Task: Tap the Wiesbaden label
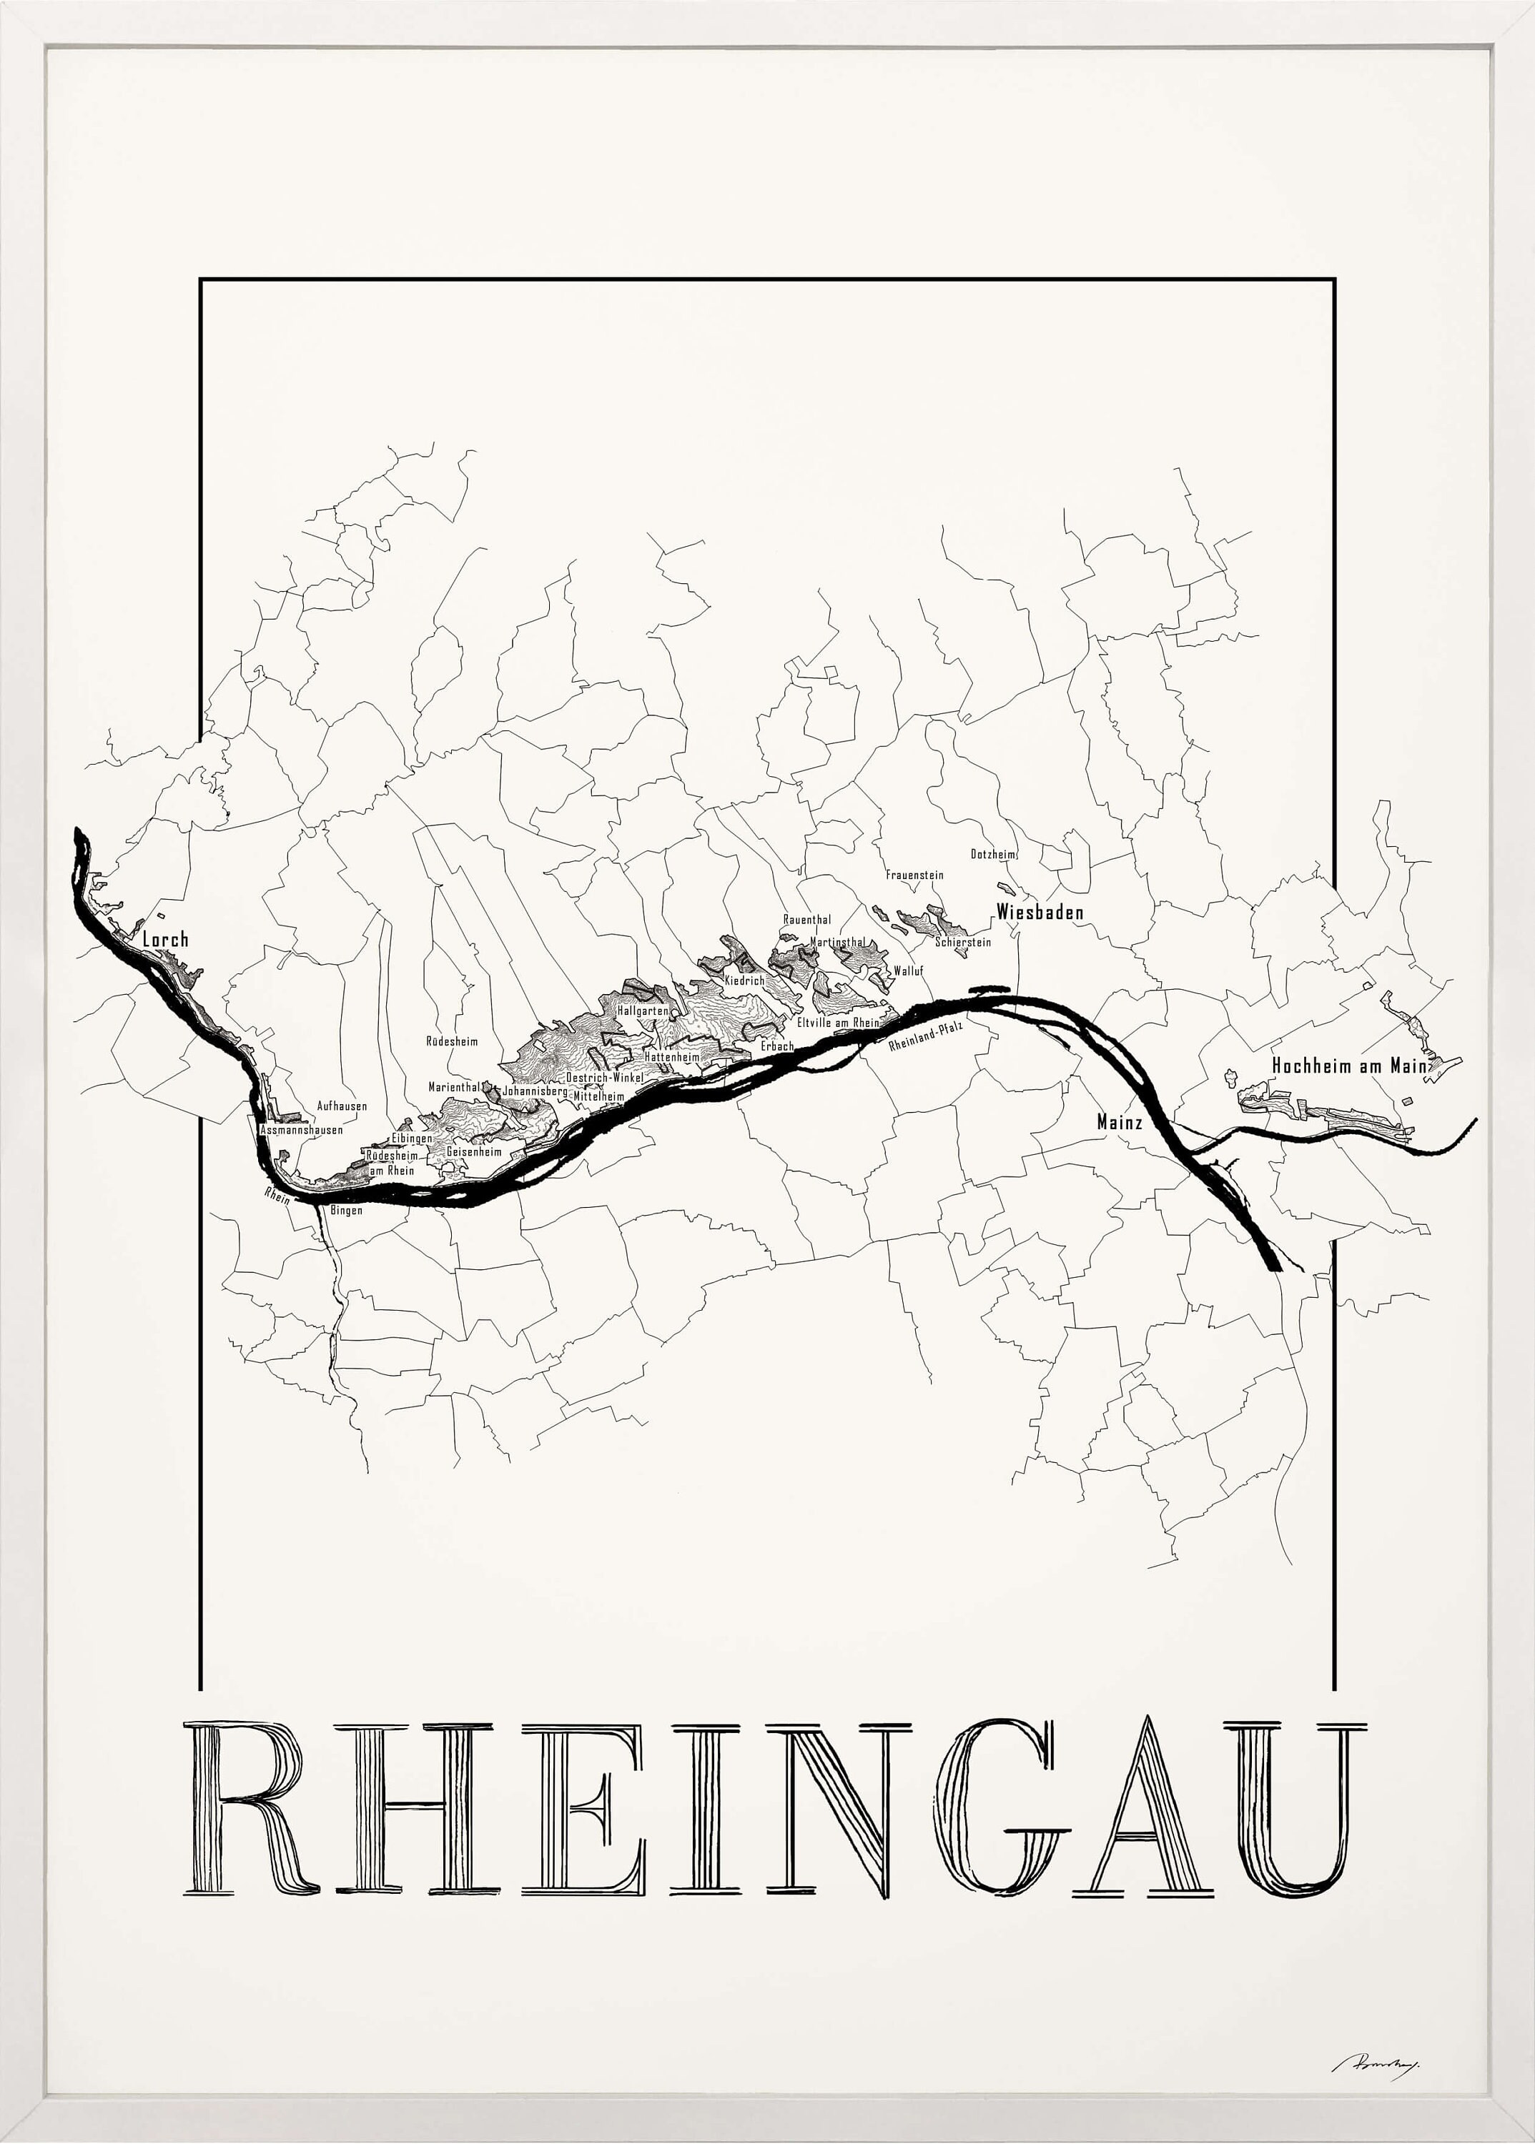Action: pos(1040,912)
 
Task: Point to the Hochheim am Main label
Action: pos(1350,1066)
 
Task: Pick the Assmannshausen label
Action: pos(302,1129)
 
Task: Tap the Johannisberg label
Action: pos(535,1091)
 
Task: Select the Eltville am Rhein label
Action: pos(837,1023)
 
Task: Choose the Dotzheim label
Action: pos(992,854)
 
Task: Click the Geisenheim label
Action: pos(473,1152)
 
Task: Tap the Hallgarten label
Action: pos(643,1011)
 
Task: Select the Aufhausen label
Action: pos(341,1106)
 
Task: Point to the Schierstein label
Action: pos(963,942)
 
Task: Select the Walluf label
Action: pos(907,971)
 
